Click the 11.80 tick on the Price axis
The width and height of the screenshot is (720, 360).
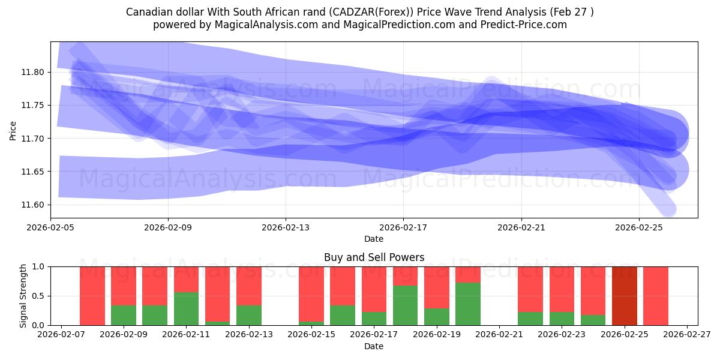[32, 72]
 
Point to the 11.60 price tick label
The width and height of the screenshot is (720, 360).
[32, 205]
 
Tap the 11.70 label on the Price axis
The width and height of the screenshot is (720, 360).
[32, 139]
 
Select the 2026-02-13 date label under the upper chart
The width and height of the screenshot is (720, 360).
[286, 227]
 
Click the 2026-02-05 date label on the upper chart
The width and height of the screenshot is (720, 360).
[50, 227]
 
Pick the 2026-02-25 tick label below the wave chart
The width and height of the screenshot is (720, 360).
[639, 227]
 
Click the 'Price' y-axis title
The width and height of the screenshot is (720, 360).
[13, 131]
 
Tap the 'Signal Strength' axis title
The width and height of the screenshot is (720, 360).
[23, 296]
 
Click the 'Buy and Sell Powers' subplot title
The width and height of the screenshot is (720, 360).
[374, 257]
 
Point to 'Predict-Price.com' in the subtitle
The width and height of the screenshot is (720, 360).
[524, 25]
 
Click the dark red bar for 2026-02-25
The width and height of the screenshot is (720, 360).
[625, 296]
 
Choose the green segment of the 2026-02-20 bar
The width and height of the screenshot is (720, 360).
[468, 304]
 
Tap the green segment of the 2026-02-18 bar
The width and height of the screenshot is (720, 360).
[406, 305]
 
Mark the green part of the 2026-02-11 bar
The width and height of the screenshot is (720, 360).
[187, 308]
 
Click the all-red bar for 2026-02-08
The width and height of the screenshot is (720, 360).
[92, 296]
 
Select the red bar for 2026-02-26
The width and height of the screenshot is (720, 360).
[656, 296]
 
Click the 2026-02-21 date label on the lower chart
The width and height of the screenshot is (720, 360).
[499, 335]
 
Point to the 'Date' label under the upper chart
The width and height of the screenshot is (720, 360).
[374, 239]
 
